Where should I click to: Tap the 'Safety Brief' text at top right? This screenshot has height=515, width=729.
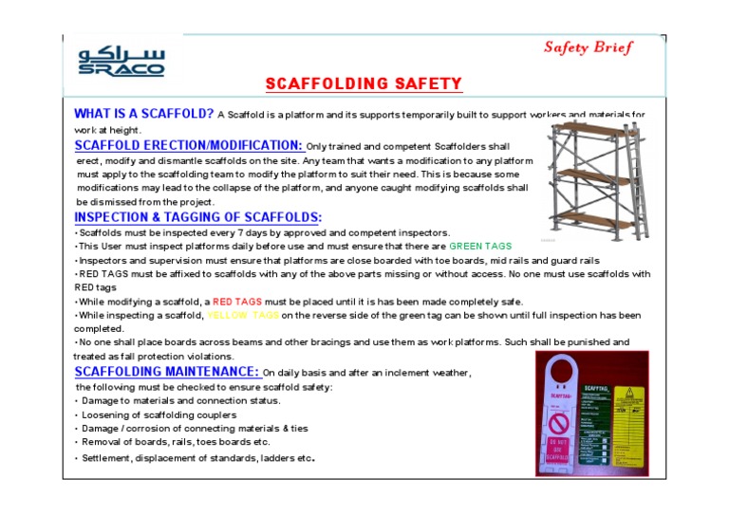588,47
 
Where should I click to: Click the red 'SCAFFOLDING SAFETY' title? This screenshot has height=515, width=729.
364,84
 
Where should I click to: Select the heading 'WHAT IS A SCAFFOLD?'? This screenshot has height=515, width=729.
143,114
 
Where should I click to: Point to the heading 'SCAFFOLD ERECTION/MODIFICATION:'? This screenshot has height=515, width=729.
189,145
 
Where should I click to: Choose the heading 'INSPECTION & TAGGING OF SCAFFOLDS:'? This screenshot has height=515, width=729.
197,217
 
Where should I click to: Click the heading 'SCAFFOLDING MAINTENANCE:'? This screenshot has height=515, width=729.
167,371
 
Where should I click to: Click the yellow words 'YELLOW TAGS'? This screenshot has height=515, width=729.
243,315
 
